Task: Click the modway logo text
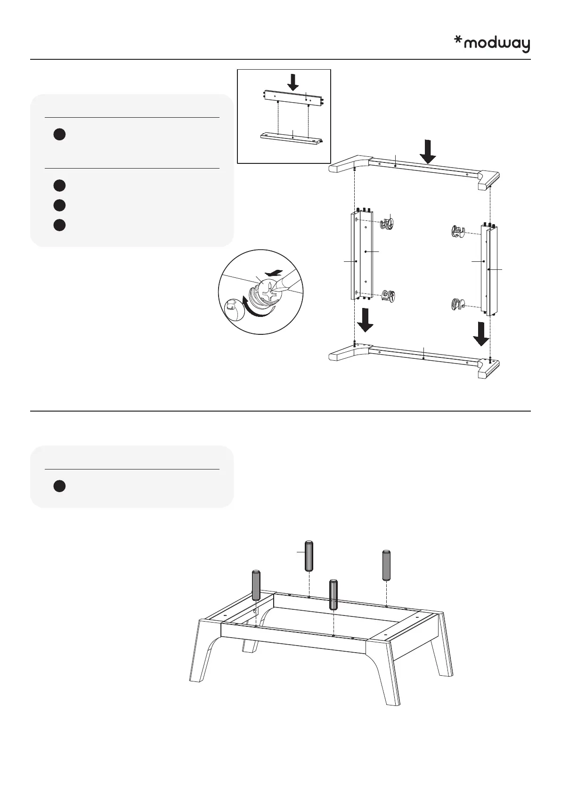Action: [497, 44]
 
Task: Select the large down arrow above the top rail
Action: [428, 151]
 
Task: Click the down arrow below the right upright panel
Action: [481, 333]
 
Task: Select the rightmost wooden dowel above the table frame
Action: [386, 565]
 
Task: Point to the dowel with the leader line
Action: [309, 556]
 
